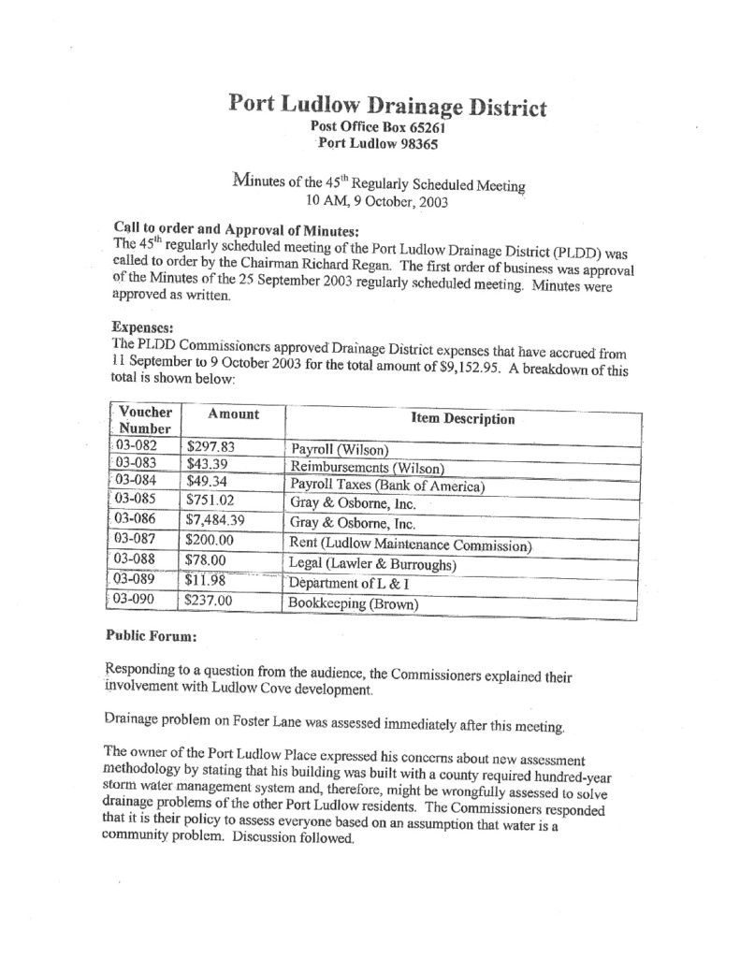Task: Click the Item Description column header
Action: point(462,419)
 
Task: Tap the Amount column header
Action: point(233,414)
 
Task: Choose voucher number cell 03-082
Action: point(135,445)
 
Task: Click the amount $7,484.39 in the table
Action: point(215,521)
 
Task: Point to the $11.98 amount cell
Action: point(207,584)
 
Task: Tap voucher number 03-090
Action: point(135,601)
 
